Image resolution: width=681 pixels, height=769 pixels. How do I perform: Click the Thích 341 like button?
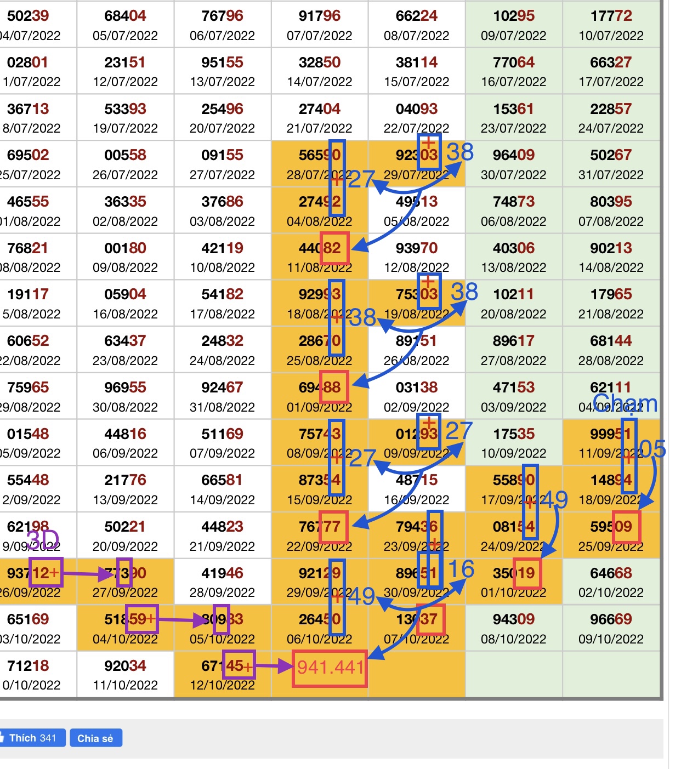(33, 738)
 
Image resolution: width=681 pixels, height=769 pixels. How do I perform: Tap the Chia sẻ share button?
(95, 738)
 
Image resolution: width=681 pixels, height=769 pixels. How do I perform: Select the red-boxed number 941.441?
(330, 668)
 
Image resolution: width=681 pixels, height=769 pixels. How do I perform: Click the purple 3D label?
(43, 540)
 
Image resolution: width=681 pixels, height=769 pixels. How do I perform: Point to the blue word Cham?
(625, 404)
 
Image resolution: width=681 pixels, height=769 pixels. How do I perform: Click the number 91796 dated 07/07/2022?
(320, 16)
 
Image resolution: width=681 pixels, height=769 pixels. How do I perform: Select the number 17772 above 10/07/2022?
(611, 16)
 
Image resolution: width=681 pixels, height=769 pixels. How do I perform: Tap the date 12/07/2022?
(125, 82)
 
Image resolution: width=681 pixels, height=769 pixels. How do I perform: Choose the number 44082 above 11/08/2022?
(320, 248)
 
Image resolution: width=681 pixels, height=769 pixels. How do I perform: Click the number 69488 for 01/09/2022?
(320, 388)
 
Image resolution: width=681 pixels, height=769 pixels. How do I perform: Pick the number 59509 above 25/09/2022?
(611, 527)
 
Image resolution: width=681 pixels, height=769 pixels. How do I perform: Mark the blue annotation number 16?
(461, 569)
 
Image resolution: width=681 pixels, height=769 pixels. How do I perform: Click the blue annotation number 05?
(652, 449)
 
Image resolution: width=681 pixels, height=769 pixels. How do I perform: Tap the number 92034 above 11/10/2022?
(125, 666)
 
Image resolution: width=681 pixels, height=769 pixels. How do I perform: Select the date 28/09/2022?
(222, 593)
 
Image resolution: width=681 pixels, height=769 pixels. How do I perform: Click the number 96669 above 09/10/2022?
(611, 619)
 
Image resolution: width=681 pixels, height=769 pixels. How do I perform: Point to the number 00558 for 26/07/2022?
(125, 155)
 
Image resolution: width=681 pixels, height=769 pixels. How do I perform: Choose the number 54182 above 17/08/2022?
(222, 294)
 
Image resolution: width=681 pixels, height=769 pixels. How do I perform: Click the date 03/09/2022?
(513, 407)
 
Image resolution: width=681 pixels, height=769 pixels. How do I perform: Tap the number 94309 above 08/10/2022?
(513, 619)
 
